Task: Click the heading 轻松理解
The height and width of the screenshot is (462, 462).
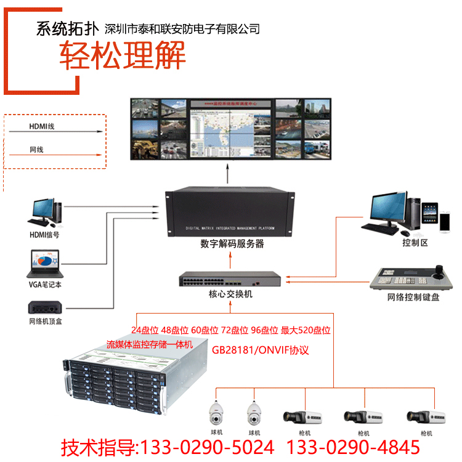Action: click(123, 57)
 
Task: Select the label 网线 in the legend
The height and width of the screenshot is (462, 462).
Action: click(36, 150)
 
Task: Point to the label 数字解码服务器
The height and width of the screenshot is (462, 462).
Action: click(232, 243)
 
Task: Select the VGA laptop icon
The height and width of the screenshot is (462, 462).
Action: click(43, 264)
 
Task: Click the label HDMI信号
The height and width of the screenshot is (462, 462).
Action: click(44, 235)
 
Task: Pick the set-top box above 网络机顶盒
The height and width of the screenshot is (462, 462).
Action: click(45, 307)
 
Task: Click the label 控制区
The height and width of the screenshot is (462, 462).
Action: click(415, 242)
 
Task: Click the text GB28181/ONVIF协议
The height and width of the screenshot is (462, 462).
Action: click(260, 350)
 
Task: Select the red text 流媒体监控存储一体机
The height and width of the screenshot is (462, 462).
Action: click(150, 344)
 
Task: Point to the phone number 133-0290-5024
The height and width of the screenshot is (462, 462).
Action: click(207, 447)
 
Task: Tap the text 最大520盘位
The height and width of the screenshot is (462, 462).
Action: click(306, 330)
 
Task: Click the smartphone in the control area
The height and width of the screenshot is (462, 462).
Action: click(445, 221)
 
